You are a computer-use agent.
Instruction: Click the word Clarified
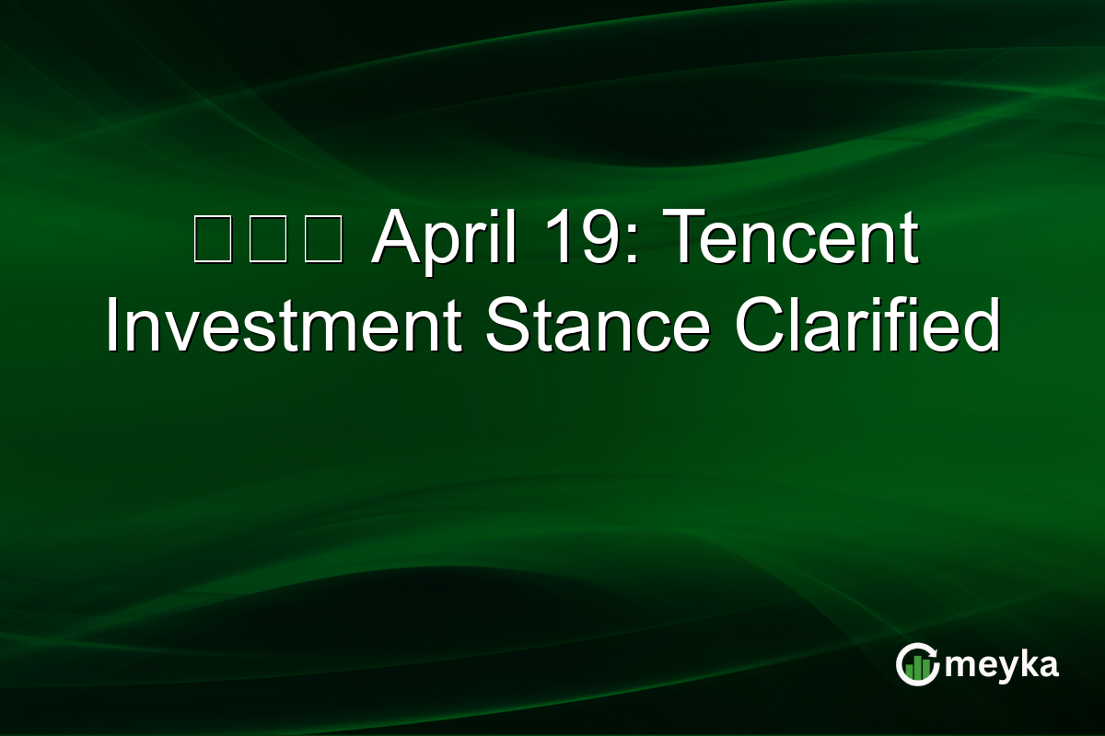tap(867, 326)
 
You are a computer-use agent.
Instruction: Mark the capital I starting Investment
tap(112, 326)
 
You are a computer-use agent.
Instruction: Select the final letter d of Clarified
tap(982, 326)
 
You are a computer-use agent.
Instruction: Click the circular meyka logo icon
tap(917, 664)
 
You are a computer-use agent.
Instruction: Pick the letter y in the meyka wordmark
tap(1002, 668)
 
